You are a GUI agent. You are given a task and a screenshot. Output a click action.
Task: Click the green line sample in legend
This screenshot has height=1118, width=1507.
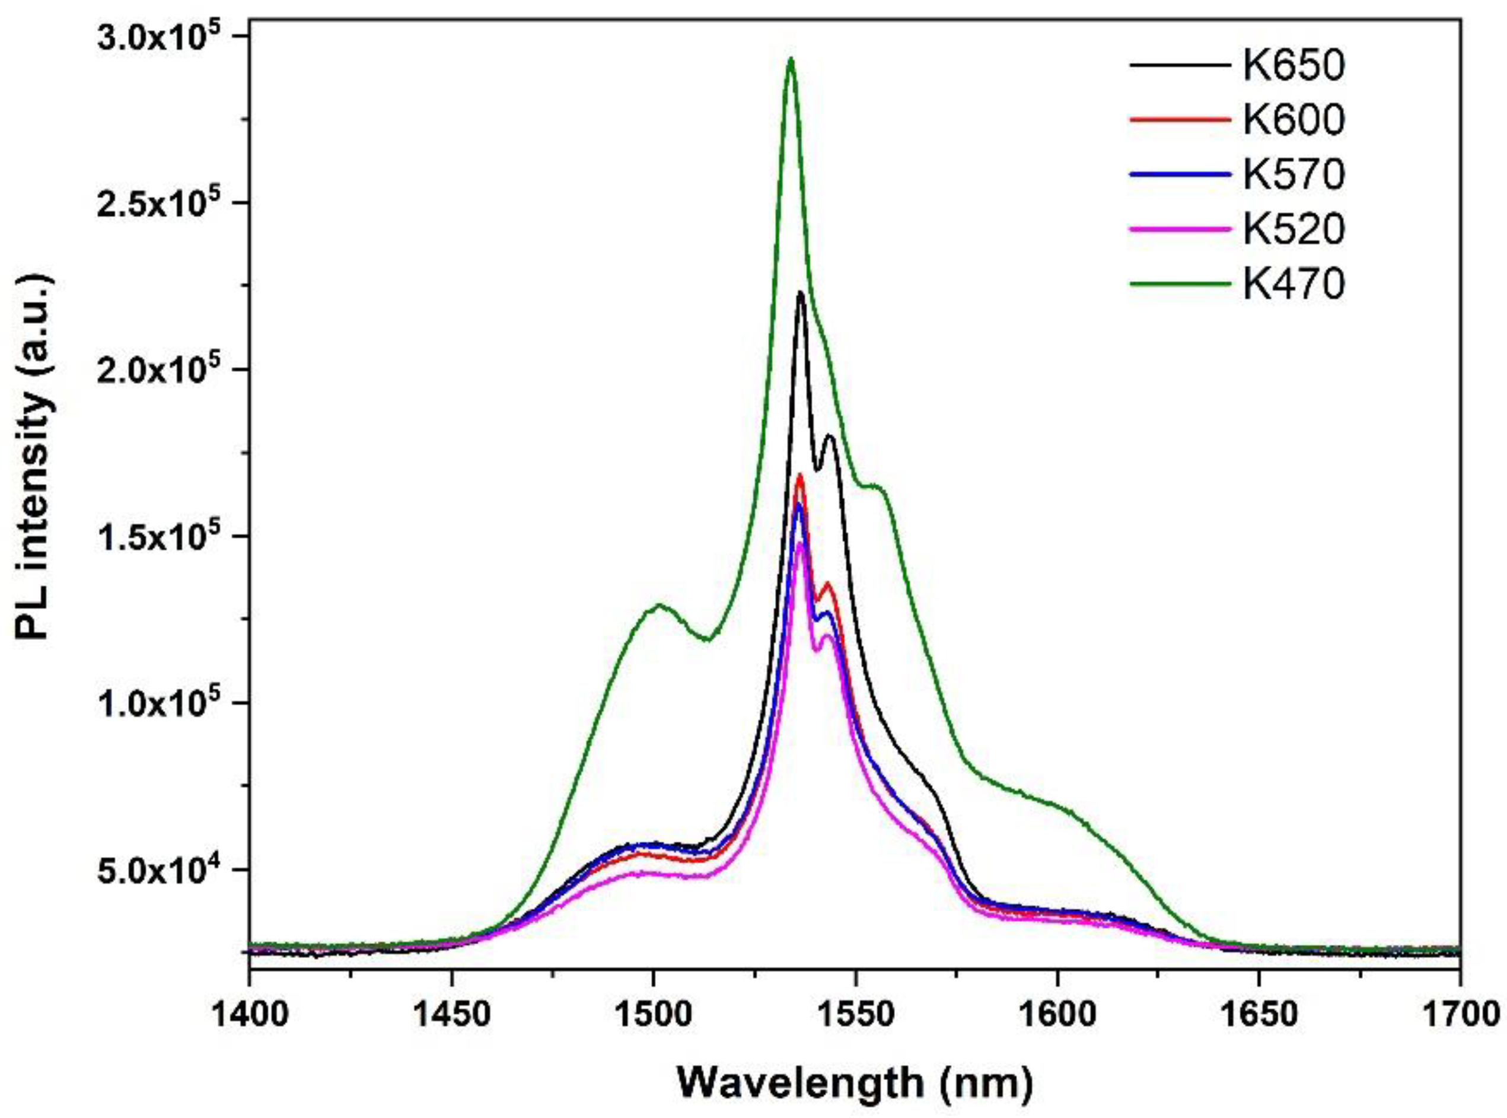1179,285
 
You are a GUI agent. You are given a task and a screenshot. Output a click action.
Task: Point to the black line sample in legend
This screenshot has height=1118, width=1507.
1179,66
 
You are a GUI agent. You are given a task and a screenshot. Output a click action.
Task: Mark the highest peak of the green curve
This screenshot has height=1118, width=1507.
790,59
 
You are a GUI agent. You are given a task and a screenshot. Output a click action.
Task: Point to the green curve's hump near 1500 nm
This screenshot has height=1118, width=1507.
658,605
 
